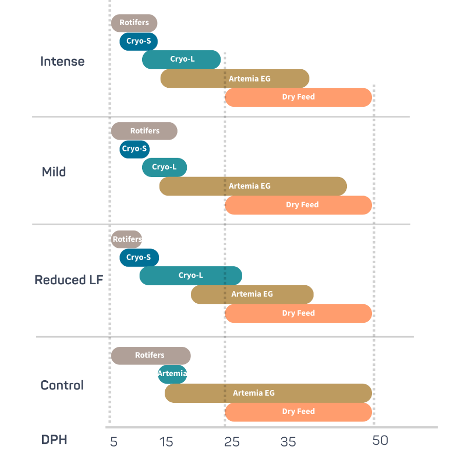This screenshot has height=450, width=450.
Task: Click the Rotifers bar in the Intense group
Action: tap(134, 23)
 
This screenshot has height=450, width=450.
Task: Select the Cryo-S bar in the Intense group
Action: tap(139, 42)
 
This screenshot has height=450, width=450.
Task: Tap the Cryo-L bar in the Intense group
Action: tap(181, 60)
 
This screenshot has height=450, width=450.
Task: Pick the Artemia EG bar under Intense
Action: tap(235, 79)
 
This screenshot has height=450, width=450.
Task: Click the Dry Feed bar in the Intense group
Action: tap(299, 97)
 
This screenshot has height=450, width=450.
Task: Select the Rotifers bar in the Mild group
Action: tap(144, 131)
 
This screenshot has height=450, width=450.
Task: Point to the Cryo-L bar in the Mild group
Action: tap(164, 167)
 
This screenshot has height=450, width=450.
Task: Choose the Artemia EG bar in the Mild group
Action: tap(253, 186)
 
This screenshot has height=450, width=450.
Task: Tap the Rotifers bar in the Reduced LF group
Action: tap(127, 239)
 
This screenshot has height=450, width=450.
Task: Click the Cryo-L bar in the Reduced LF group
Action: tap(191, 276)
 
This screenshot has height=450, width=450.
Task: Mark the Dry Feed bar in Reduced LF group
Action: tap(299, 314)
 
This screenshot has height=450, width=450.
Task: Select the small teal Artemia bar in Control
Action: tap(172, 374)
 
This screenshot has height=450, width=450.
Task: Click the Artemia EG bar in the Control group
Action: tap(268, 393)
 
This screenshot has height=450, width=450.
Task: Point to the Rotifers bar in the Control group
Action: tap(151, 356)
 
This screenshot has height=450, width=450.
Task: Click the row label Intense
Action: tap(62, 62)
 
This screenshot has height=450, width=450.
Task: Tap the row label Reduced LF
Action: tap(69, 280)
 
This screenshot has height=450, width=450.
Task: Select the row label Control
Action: tap(62, 385)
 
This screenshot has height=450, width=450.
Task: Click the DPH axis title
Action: tap(54, 440)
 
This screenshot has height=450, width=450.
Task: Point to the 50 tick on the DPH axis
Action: tap(380, 440)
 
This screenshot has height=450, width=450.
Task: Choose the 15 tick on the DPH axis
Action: tap(166, 442)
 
